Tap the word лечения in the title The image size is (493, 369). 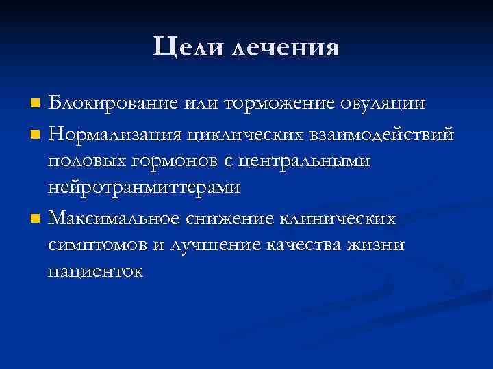click(x=286, y=47)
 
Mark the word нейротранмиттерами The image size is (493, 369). click(x=143, y=190)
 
